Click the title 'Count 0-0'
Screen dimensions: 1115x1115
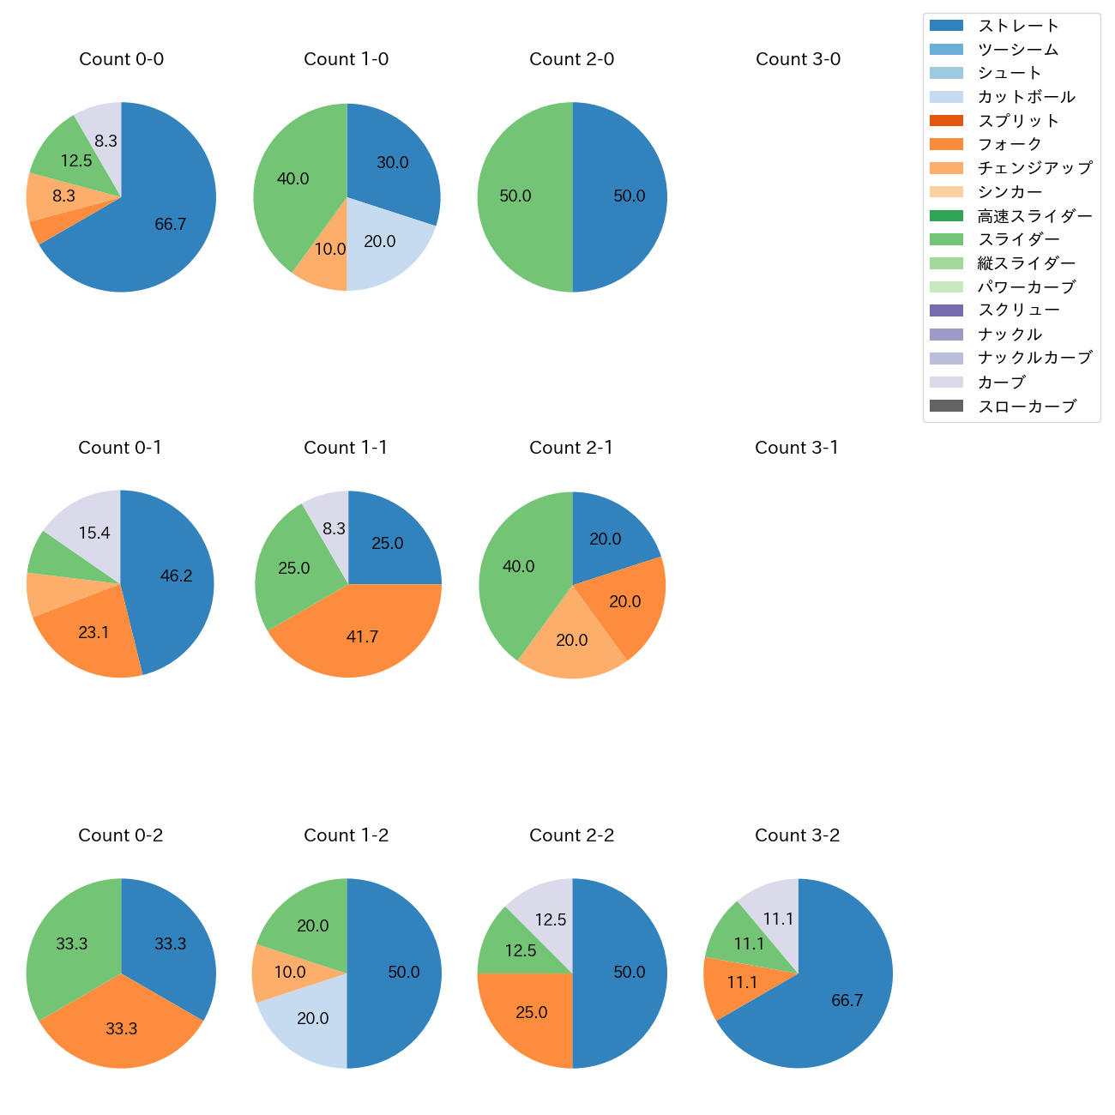point(122,59)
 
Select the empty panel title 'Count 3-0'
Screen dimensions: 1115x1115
point(798,59)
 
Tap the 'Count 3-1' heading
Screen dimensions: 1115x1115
point(797,448)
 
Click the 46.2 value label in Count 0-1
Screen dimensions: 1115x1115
point(176,576)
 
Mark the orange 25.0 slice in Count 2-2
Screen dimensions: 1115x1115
point(527,1016)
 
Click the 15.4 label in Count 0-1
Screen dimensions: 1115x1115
point(94,533)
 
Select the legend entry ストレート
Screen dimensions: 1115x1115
point(1018,26)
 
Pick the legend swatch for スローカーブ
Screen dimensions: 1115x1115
point(946,406)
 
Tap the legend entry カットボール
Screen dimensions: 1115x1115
point(1026,97)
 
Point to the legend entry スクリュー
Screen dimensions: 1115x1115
point(1018,310)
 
